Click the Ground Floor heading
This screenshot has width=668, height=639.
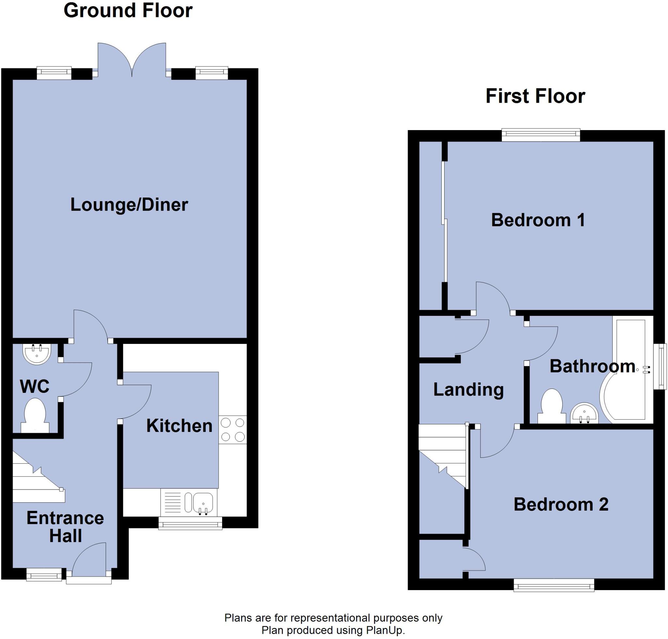point(128,11)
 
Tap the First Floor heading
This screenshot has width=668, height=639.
point(535,97)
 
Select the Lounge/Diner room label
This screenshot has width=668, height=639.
point(129,205)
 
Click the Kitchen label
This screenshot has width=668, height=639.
point(179,426)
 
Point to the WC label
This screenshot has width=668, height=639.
point(35,386)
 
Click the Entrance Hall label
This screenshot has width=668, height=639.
point(65,527)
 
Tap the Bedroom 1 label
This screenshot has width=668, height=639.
point(538,220)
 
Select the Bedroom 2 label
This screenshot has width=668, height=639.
point(561,504)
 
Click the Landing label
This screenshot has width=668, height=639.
point(468,390)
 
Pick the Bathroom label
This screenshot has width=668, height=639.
point(592,366)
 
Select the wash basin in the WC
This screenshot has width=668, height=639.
point(37,353)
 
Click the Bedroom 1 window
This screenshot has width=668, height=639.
point(540,135)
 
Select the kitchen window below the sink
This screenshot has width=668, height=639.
point(190,523)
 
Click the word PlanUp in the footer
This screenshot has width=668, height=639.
point(384,630)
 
